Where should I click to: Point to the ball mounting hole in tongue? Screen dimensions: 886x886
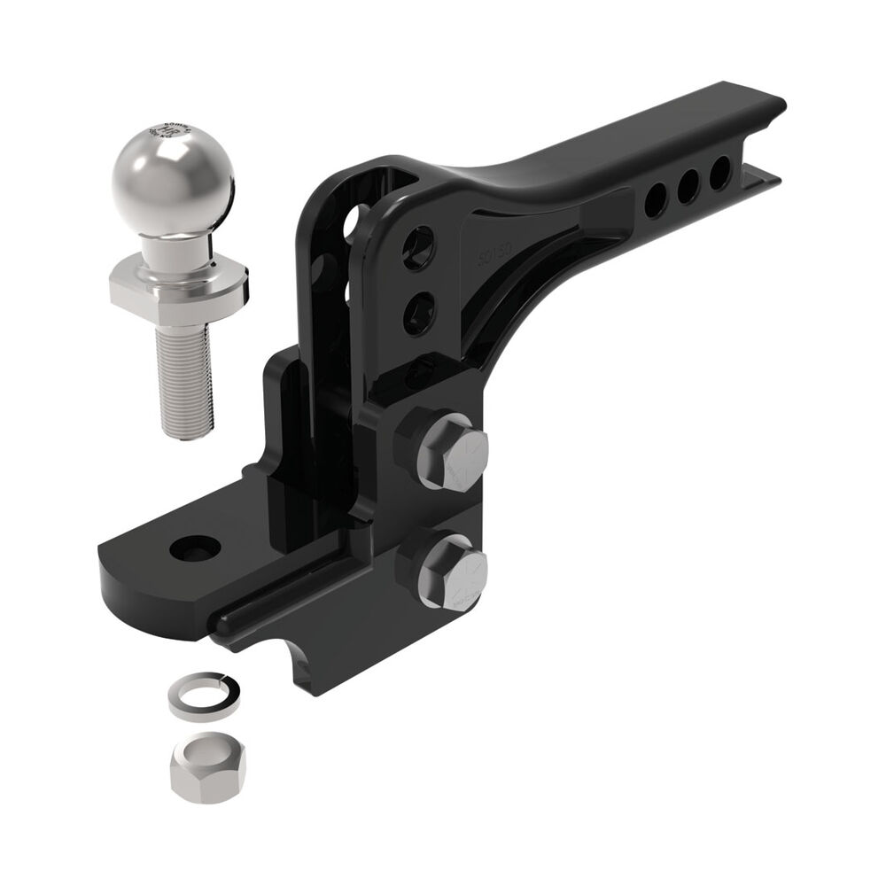(x=197, y=548)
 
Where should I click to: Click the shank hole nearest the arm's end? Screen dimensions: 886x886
(x=721, y=168)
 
